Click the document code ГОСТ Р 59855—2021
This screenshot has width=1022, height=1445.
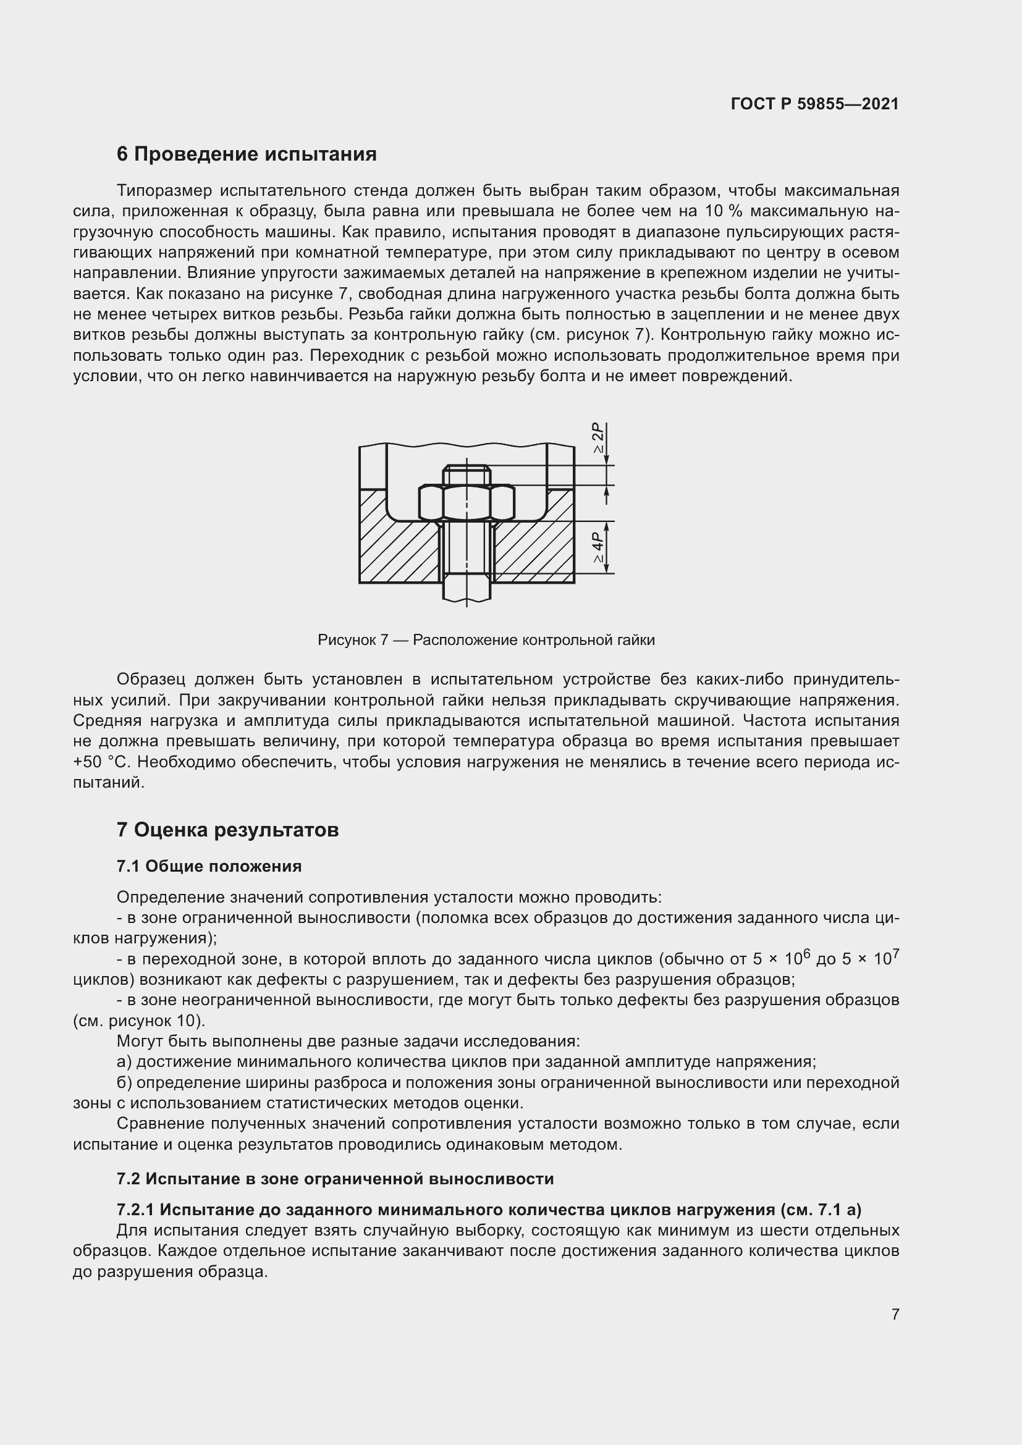click(814, 104)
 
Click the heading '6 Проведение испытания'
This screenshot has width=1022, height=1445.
click(246, 154)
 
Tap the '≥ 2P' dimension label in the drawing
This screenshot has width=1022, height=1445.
click(598, 439)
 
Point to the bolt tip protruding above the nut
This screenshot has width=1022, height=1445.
click(467, 474)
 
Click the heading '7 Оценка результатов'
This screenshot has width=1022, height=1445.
click(227, 830)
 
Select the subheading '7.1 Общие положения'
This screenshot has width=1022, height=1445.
click(209, 866)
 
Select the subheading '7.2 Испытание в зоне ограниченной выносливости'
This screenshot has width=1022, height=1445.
click(335, 1179)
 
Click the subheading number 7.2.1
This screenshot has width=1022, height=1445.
click(135, 1210)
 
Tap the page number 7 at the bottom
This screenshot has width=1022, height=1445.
click(895, 1314)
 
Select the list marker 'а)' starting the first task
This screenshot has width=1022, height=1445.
click(124, 1063)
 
